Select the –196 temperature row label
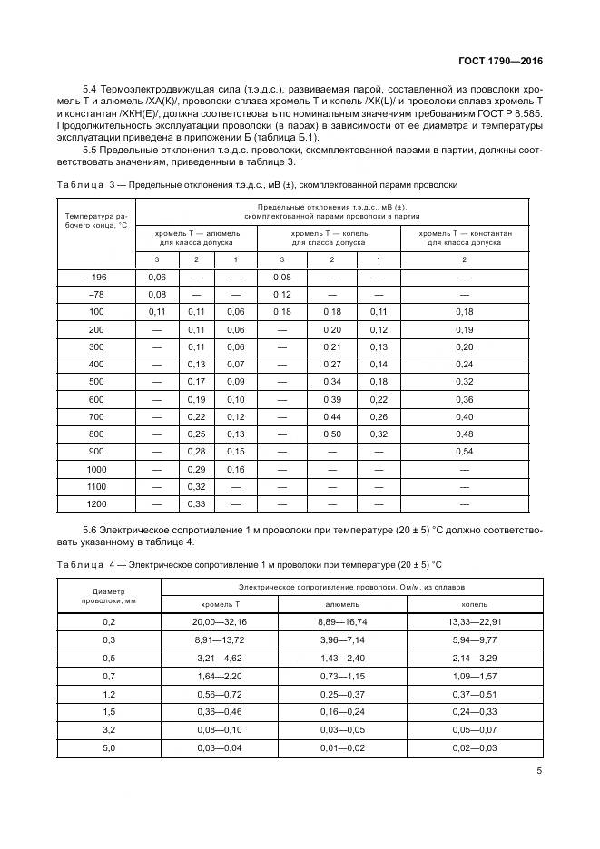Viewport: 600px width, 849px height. [x=95, y=277]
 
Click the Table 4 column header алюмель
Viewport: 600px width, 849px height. [x=341, y=603]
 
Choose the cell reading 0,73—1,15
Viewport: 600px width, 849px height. [x=341, y=676]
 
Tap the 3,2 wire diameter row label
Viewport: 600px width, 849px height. [x=109, y=730]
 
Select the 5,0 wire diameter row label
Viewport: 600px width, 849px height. [x=109, y=748]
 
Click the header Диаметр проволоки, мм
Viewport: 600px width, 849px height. [x=109, y=595]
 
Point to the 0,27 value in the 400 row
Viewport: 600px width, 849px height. [x=332, y=364]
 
